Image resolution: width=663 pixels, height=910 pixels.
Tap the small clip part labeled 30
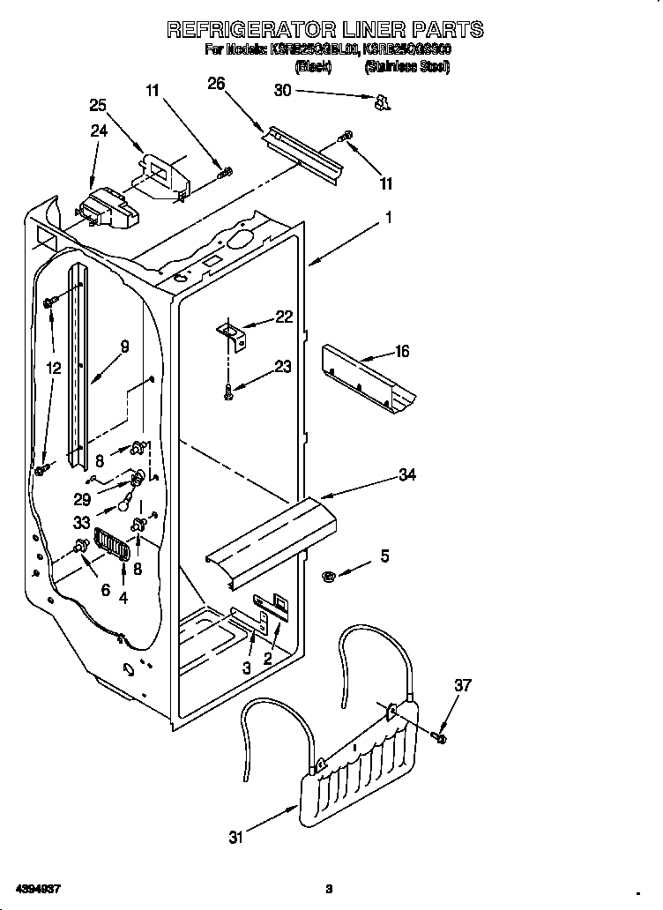(x=382, y=104)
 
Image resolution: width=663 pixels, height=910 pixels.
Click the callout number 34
(x=406, y=475)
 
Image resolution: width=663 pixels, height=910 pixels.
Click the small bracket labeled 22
(x=234, y=332)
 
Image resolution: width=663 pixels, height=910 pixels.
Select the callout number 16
(x=402, y=352)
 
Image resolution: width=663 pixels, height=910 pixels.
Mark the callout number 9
(x=124, y=347)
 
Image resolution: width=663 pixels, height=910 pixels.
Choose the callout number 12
(x=55, y=368)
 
